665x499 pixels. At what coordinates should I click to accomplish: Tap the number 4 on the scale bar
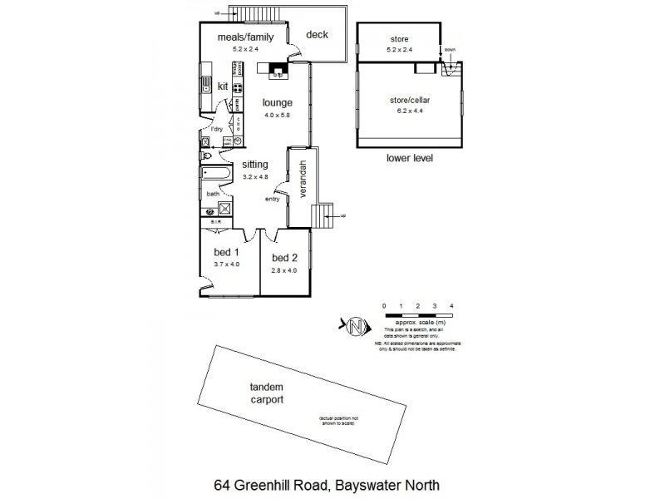451,307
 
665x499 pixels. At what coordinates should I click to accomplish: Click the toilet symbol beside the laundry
204,155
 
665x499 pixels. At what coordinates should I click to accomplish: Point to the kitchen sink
204,83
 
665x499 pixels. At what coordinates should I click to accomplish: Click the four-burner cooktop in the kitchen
237,87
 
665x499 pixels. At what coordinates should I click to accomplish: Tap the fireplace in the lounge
278,70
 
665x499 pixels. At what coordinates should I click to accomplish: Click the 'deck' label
318,35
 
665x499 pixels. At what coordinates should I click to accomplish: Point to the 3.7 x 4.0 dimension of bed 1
226,264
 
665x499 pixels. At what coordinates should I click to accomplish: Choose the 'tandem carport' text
267,393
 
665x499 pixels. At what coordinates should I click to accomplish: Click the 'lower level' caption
410,158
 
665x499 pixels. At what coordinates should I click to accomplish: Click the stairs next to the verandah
321,215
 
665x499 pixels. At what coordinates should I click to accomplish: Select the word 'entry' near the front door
273,199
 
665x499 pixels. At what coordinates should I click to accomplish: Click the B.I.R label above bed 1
215,223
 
